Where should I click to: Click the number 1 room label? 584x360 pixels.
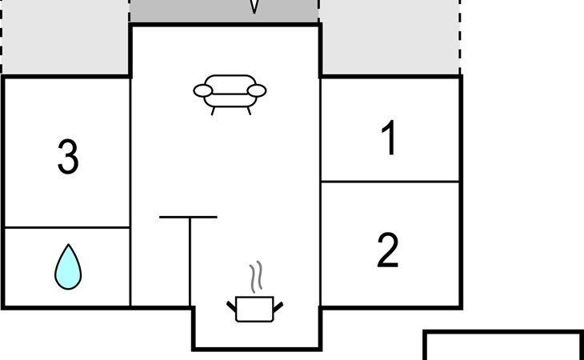click(390, 138)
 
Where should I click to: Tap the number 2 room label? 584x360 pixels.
click(388, 250)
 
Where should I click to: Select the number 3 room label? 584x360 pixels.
click(68, 157)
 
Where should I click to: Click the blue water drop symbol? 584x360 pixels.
click(68, 266)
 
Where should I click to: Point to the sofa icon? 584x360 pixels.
click(230, 94)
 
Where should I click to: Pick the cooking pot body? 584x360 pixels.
click(254, 309)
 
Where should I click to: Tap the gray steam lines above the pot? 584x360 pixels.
click(256, 277)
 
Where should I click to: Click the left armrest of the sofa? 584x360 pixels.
click(203, 91)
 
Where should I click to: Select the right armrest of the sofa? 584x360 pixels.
click(257, 91)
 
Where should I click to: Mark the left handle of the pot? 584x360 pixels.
click(231, 306)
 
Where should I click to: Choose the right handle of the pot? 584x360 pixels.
click(278, 307)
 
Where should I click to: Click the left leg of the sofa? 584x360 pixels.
click(213, 111)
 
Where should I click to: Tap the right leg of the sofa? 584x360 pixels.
click(249, 110)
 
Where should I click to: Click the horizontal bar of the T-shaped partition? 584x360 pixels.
click(188, 217)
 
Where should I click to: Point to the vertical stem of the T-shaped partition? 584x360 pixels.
click(190, 262)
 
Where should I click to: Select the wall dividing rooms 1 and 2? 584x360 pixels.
click(390, 182)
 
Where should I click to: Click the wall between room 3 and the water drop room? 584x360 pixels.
click(67, 227)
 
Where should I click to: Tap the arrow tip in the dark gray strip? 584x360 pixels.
click(254, 13)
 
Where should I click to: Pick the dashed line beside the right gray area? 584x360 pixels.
click(460, 38)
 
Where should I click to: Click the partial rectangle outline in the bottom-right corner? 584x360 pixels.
click(503, 332)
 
